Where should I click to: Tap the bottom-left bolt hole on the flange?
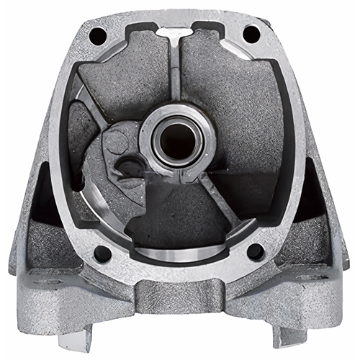[x=103, y=253]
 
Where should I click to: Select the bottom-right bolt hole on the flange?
[x=255, y=251]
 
